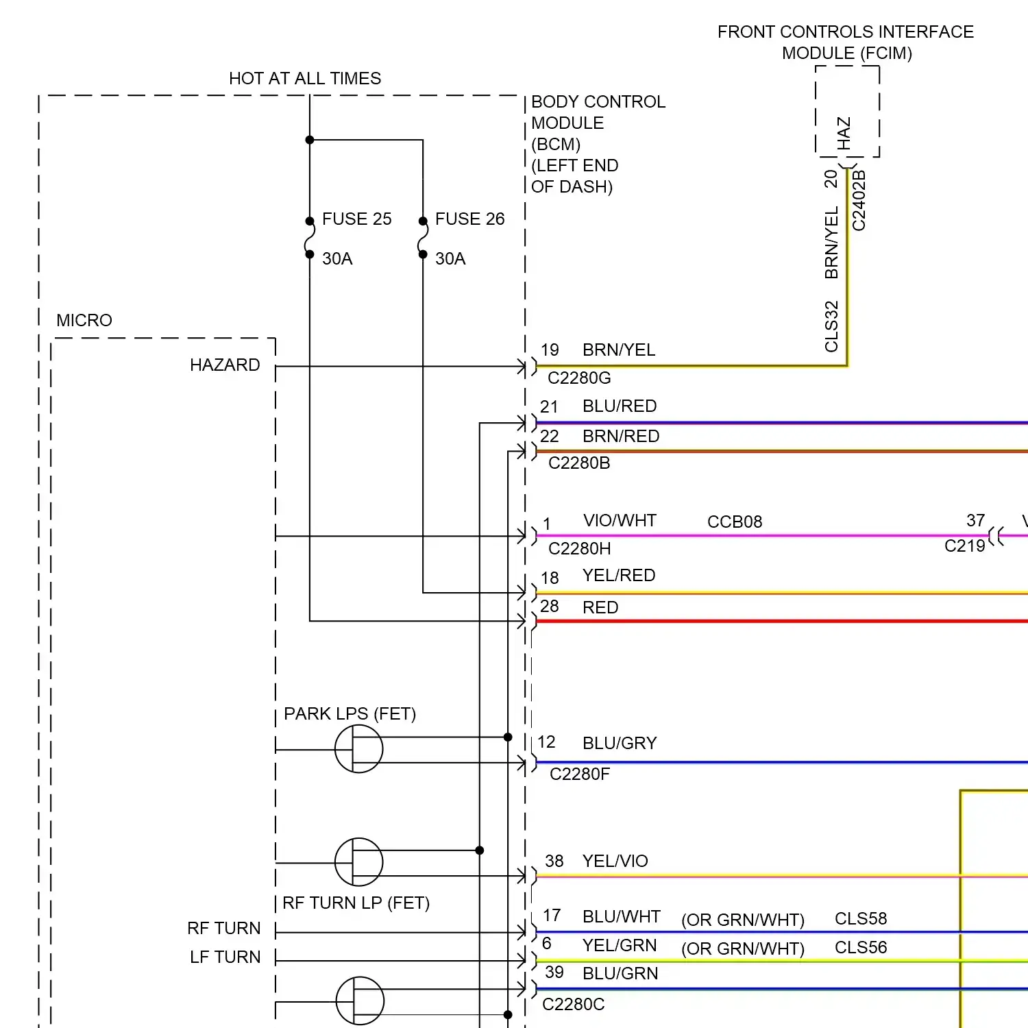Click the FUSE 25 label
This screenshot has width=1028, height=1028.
coord(356,219)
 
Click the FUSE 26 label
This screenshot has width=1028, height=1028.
coord(469,219)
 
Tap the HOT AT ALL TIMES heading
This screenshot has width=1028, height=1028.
coord(305,79)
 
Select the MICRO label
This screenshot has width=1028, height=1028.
coord(84,321)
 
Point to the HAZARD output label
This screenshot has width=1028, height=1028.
coord(225,365)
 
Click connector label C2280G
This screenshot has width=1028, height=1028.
coord(579,378)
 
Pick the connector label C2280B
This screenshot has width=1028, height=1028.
coord(579,463)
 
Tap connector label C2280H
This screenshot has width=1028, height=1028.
coord(580,549)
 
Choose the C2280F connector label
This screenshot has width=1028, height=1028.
coord(580,774)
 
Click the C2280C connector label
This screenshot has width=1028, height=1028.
coord(574,1005)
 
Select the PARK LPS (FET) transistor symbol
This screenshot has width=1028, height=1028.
coord(358,749)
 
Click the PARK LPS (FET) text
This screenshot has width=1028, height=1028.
coord(350,714)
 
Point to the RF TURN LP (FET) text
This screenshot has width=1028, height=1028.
coord(356,903)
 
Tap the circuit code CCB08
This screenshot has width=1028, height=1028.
coord(735,522)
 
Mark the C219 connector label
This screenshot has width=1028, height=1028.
coord(964,546)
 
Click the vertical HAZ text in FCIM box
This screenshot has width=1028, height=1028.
coord(844,133)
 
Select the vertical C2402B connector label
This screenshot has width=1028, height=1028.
coord(859,200)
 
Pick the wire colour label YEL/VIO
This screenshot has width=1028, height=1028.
coord(615,861)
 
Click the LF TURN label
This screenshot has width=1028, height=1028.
coord(225,957)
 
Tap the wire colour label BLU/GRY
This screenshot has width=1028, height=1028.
coord(620,744)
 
